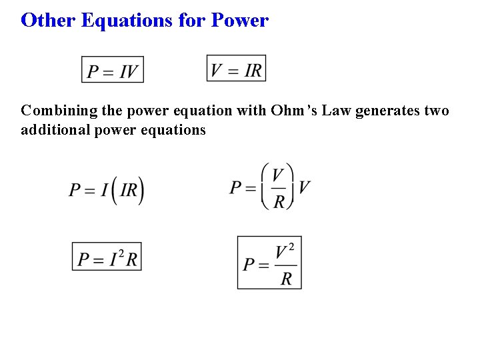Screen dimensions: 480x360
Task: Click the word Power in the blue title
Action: (x=239, y=20)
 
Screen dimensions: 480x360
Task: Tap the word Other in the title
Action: (x=49, y=20)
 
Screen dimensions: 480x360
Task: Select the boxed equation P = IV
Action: (x=113, y=70)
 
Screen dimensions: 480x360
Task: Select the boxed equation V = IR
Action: (x=236, y=69)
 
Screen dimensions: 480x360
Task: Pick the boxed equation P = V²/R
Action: (x=269, y=263)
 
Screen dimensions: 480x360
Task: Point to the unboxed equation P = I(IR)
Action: (x=106, y=190)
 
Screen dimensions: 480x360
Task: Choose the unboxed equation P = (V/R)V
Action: (x=269, y=187)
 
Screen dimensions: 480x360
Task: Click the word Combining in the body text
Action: (x=56, y=111)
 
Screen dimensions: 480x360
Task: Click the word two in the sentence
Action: (x=437, y=111)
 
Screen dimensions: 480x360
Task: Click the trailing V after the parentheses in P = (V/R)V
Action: (x=304, y=187)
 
